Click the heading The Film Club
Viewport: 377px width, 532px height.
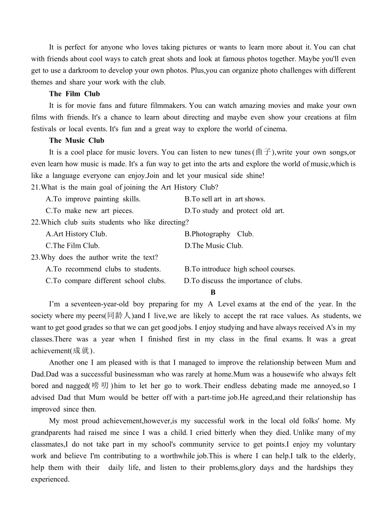click(74, 94)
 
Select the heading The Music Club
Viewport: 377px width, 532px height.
click(77, 140)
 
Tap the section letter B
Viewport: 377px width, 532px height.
click(213, 292)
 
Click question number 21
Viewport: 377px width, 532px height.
click(35, 187)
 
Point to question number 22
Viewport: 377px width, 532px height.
click(35, 222)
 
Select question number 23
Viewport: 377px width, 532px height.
click(35, 257)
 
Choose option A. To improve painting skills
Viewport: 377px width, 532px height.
click(93, 199)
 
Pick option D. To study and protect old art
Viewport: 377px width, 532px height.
click(234, 211)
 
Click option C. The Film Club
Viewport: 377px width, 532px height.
click(73, 245)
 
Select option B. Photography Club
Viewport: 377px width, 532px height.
click(219, 234)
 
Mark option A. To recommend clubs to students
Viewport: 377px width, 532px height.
click(103, 269)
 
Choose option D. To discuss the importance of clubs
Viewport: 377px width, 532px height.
click(243, 281)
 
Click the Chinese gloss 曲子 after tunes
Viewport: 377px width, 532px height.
click(263, 152)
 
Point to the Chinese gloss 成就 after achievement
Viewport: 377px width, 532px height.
click(81, 351)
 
